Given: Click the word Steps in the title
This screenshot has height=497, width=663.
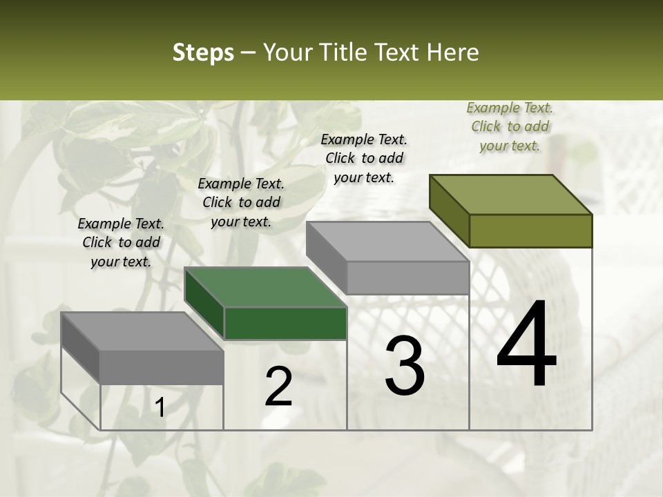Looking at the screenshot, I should tap(203, 52).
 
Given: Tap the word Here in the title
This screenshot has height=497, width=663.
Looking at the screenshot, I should tap(452, 52).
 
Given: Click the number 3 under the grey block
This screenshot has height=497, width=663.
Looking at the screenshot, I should tap(405, 366).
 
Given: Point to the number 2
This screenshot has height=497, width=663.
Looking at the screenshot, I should tap(279, 387).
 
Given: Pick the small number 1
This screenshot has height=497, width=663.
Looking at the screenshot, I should tap(160, 408).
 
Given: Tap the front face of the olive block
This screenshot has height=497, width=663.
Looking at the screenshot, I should tap(530, 231).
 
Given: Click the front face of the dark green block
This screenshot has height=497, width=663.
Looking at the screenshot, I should tap(285, 323).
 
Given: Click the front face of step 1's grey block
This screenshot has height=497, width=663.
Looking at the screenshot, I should tap(162, 367).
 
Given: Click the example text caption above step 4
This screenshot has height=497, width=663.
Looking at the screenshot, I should tap(510, 126).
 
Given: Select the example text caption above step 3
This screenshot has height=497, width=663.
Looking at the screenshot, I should tap(364, 158).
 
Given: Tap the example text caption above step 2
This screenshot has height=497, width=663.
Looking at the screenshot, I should tap(241, 202).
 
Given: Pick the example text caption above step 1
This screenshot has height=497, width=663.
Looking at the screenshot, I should tap(121, 242).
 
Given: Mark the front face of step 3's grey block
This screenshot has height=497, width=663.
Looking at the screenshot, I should tap(407, 277).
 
